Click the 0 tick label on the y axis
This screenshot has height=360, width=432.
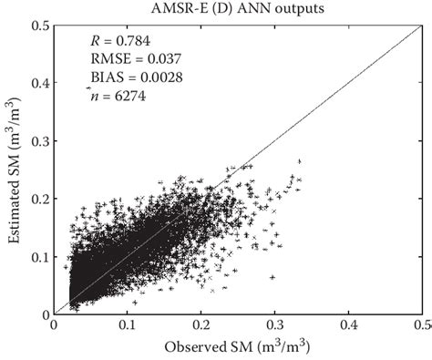[46, 314]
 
